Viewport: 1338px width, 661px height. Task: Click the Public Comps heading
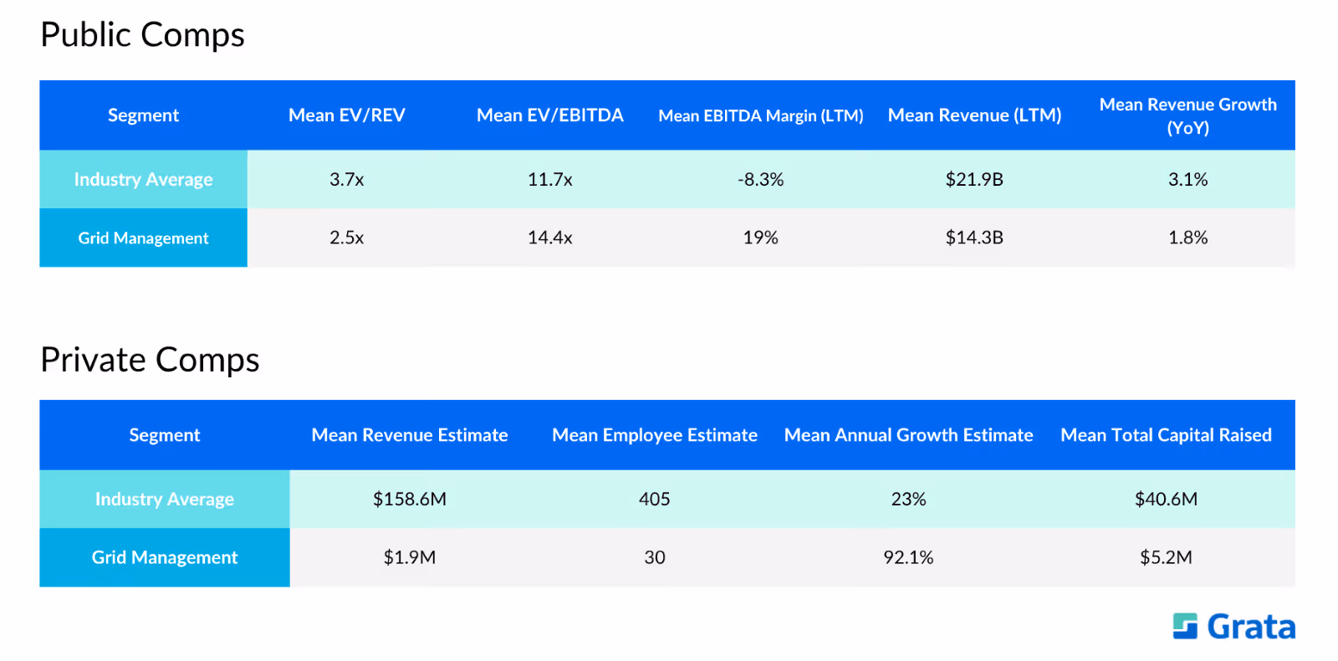143,34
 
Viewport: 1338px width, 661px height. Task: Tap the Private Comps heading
150,361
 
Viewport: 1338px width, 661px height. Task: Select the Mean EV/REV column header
346,115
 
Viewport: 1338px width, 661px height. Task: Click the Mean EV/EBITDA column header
549,115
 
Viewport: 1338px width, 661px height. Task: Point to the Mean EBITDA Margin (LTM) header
760,115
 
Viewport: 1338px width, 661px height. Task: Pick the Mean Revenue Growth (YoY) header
1187,115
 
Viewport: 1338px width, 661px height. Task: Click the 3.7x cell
346,179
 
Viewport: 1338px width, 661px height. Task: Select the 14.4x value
549,238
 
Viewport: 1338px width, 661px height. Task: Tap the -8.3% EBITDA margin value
760,179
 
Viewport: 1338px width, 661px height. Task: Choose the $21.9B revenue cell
974,179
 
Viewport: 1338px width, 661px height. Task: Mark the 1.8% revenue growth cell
1187,238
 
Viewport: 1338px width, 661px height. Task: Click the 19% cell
760,238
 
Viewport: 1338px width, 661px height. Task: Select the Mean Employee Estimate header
654,435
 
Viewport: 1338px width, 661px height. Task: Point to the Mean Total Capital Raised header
1166,435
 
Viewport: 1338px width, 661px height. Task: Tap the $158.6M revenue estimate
409,499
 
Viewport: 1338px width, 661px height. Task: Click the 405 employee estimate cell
654,499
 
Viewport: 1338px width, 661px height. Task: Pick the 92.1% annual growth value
908,557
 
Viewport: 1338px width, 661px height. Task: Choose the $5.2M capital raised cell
1166,557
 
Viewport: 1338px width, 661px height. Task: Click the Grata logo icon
1185,627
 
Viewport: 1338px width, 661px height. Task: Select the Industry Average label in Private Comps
164,499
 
